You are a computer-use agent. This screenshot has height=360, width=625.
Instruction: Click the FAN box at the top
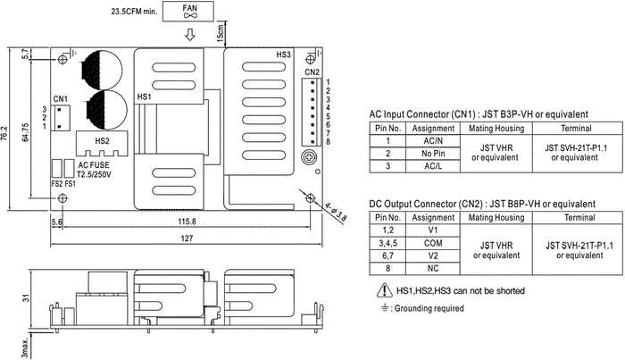coord(188,12)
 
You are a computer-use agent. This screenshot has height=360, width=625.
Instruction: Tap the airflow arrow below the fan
coord(190,34)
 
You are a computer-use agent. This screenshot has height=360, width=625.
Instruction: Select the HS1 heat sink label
coord(144,96)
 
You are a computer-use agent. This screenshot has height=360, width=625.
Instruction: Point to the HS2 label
coord(102,141)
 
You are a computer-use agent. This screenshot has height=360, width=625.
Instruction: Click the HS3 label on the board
coord(284,54)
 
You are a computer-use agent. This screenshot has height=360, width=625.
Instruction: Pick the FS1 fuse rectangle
coord(70,168)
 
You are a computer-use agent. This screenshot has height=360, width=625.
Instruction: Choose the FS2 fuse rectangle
coord(57,168)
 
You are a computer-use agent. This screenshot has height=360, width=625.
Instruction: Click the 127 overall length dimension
coord(187,239)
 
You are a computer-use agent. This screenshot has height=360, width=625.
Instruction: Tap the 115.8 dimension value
coord(187,222)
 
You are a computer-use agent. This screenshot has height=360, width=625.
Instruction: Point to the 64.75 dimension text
coord(25,132)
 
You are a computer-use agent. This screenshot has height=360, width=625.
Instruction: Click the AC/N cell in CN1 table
coord(433,141)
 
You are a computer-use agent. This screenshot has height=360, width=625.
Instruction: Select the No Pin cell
coord(433,154)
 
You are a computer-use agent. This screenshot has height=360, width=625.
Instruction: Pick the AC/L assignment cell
coord(433,166)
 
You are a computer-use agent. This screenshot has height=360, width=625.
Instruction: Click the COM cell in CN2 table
coord(433,243)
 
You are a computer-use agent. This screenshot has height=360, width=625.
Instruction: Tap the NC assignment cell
coord(433,268)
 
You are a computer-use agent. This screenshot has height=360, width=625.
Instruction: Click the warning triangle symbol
coord(384,290)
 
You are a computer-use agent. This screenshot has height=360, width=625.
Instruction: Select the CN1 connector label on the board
coord(61,99)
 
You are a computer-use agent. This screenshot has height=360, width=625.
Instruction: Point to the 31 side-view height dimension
coord(26,298)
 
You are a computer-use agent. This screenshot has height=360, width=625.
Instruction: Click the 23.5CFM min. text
coord(134,12)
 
